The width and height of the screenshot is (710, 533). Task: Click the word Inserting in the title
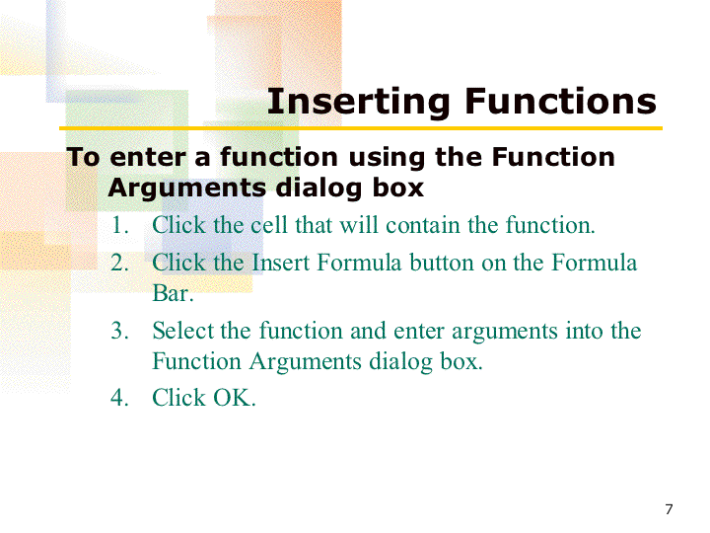[358, 103]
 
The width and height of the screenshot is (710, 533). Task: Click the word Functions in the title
[560, 101]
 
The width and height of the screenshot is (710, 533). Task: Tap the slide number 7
[669, 509]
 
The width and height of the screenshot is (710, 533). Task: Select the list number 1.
[119, 225]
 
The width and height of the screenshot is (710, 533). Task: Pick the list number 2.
[119, 263]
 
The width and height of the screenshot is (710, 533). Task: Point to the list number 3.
[119, 331]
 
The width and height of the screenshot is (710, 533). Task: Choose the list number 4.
[119, 398]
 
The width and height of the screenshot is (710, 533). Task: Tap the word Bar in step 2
[173, 293]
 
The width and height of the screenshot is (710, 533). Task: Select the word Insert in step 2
[280, 263]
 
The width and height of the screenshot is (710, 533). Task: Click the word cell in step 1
[269, 225]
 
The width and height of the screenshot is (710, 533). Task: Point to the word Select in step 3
[182, 331]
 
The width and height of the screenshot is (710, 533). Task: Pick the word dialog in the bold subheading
[319, 189]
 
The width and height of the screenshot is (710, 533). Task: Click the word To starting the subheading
[83, 157]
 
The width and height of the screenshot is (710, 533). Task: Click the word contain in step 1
[422, 225]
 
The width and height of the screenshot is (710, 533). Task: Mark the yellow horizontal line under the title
[361, 128]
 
